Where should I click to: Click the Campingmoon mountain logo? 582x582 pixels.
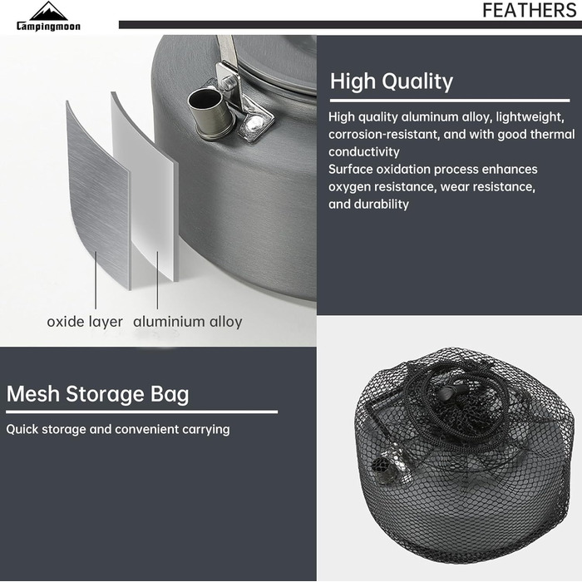(x=48, y=17)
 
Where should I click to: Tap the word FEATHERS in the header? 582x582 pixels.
(x=530, y=10)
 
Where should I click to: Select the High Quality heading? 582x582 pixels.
(x=392, y=81)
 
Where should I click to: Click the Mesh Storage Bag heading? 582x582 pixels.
(x=97, y=394)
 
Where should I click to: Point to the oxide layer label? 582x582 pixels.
(x=85, y=322)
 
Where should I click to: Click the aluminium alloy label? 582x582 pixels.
(x=188, y=322)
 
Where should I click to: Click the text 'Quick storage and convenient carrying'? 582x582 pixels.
(x=118, y=430)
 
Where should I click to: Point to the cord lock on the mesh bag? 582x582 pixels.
(x=451, y=392)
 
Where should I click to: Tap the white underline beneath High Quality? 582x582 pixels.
(x=450, y=101)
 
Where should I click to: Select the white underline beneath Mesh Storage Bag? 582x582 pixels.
(x=142, y=412)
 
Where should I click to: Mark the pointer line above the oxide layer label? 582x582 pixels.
(x=96, y=280)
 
